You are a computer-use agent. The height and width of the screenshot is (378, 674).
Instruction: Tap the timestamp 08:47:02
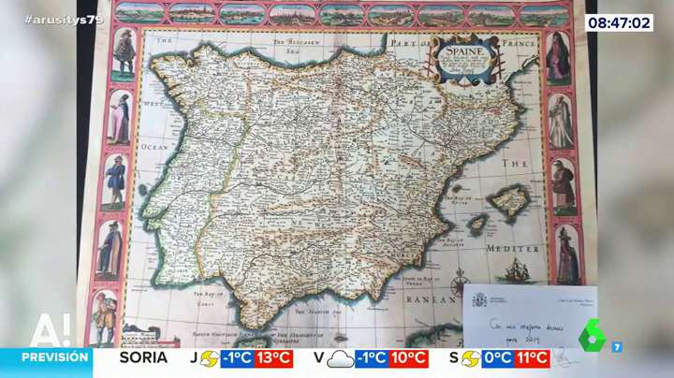(x=620, y=22)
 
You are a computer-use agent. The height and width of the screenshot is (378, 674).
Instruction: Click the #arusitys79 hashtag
(x=64, y=19)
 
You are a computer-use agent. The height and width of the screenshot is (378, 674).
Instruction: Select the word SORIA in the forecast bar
(x=143, y=357)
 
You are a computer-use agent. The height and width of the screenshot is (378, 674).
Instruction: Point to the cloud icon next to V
(x=341, y=358)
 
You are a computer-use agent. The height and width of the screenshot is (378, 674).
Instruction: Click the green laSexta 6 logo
(x=592, y=334)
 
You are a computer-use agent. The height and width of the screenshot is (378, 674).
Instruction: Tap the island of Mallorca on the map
(x=509, y=198)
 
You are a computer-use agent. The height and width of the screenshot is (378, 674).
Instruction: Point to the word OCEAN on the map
(x=153, y=147)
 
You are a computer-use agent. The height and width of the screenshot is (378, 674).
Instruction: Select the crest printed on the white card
(x=479, y=299)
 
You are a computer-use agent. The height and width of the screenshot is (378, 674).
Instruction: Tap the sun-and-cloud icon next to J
(x=210, y=358)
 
